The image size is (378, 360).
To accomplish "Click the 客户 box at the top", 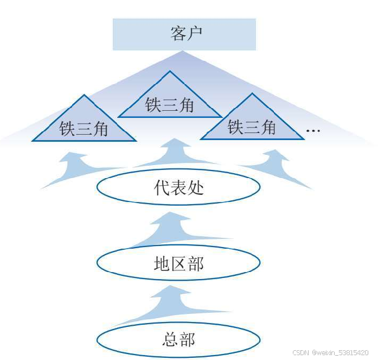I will click(184, 34).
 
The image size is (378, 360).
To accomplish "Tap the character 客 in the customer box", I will click(178, 34).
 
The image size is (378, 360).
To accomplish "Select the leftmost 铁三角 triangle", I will click(84, 124).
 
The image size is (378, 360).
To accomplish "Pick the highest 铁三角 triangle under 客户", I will click(170, 100).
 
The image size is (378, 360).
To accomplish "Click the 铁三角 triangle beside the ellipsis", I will click(252, 122).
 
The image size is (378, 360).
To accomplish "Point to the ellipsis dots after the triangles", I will click(313, 131).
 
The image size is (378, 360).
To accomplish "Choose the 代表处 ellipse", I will click(178, 188).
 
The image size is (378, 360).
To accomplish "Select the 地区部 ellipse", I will click(178, 263).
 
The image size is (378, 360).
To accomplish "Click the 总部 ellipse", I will click(178, 339).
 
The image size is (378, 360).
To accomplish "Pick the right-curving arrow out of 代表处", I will click(277, 166).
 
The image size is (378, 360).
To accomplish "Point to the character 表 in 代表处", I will click(178, 188).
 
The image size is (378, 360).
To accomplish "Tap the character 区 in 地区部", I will click(178, 263).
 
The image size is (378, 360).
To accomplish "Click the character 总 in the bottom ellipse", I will click(170, 339).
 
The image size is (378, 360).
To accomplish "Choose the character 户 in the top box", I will click(194, 34).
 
